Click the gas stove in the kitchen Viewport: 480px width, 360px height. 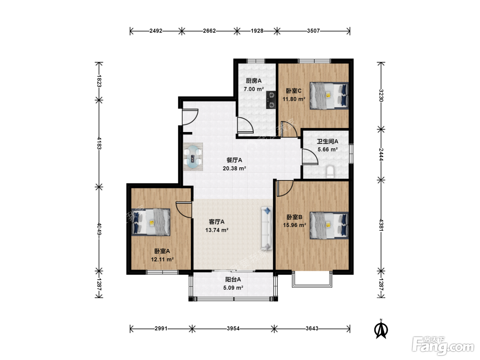click(271, 100)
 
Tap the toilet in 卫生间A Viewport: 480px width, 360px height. click(330, 172)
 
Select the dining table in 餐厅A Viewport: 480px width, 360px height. click(193, 157)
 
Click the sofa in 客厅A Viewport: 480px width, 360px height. click(267, 228)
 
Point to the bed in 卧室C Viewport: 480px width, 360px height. click(329, 96)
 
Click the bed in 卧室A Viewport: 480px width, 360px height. click(151, 222)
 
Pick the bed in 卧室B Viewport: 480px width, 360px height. click(329, 225)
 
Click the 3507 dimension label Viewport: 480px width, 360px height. click(313, 31)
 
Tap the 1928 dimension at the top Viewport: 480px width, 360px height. click(257, 31)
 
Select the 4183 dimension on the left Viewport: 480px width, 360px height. click(99, 143)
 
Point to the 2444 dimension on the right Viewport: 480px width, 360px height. click(381, 154)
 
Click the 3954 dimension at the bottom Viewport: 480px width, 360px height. click(233, 328)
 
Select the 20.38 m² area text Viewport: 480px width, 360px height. click(235, 168)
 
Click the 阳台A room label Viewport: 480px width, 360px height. click(233, 279)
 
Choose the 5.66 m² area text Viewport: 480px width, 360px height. click(327, 149)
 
